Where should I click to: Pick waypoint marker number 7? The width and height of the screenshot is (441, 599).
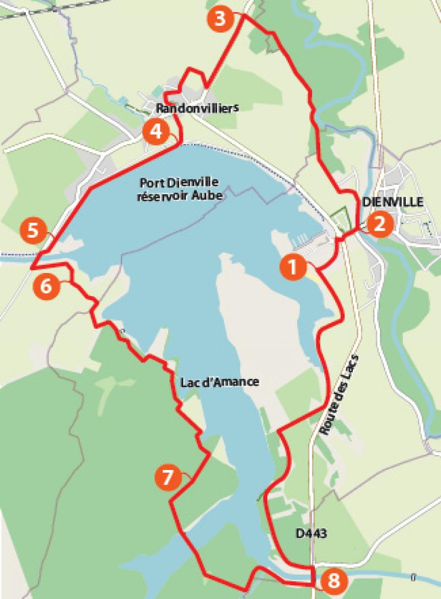(168, 478)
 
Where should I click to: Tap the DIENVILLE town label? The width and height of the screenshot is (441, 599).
(392, 202)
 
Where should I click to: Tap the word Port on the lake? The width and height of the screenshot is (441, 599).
(152, 182)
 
